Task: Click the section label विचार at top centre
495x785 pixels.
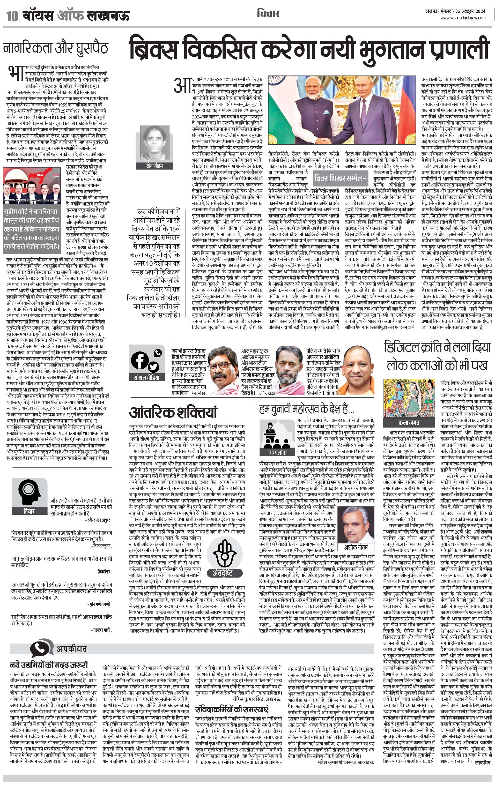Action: pyautogui.click(x=268, y=14)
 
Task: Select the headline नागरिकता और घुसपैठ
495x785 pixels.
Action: pyautogui.click(x=55, y=48)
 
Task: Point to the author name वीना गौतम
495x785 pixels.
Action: pyautogui.click(x=154, y=166)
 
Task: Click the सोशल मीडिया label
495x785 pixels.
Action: pyautogui.click(x=146, y=378)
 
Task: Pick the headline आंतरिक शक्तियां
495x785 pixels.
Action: pyautogui.click(x=173, y=413)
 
